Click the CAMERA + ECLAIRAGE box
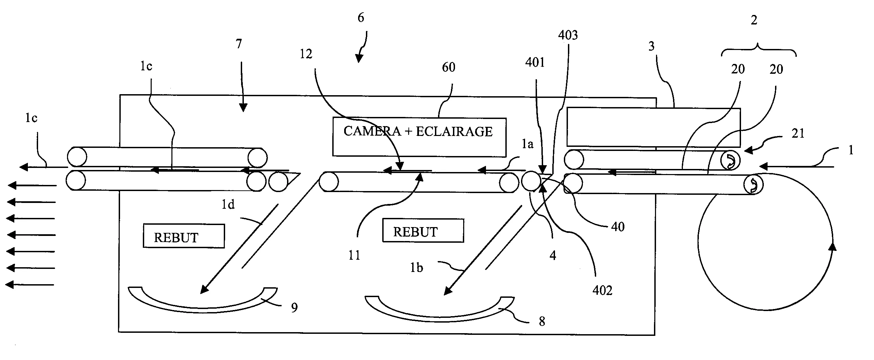click(419, 137)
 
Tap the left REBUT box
click(184, 236)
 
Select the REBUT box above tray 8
click(423, 230)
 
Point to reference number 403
click(568, 35)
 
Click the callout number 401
click(535, 62)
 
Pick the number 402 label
click(602, 290)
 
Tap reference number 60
click(449, 67)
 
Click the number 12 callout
click(306, 54)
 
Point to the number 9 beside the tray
click(295, 307)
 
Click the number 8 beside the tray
click(542, 321)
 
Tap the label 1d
click(228, 204)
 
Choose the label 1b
click(416, 268)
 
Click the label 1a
click(527, 144)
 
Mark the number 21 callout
click(798, 134)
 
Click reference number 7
click(239, 44)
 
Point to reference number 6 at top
click(361, 17)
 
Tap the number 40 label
click(618, 227)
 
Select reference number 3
click(652, 46)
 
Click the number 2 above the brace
click(754, 20)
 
